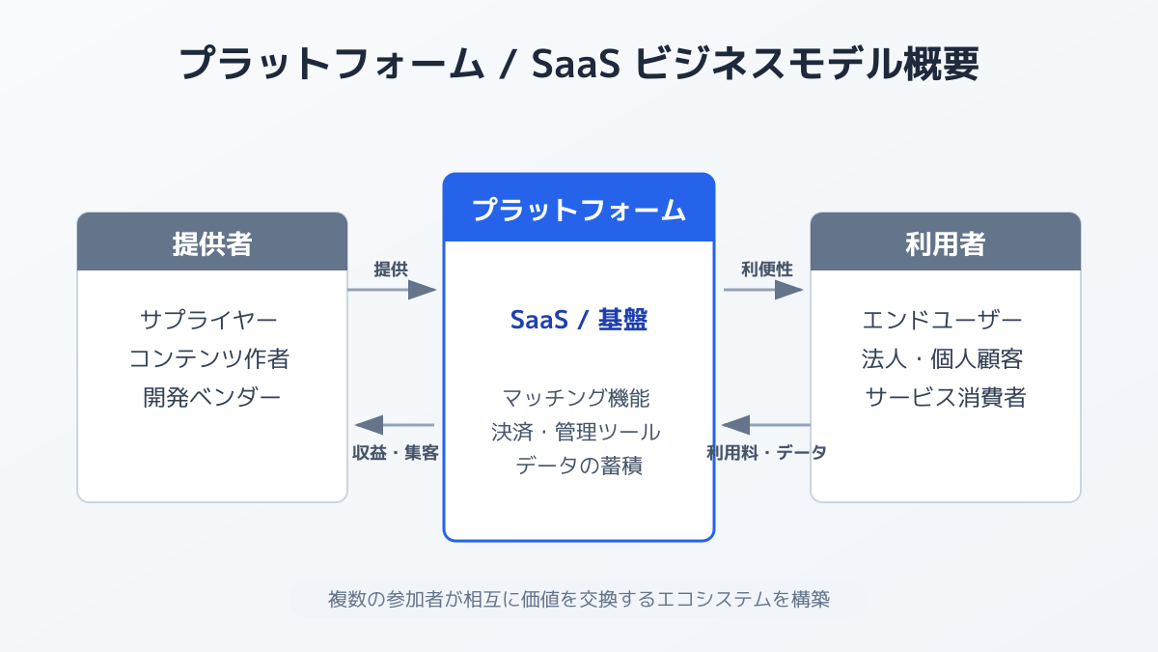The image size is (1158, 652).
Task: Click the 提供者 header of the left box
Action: click(211, 242)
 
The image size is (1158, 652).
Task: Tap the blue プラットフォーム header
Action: click(579, 209)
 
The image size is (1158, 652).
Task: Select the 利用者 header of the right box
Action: click(945, 242)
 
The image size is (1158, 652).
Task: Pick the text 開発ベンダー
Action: click(211, 397)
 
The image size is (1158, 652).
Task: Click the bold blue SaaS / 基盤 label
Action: click(578, 321)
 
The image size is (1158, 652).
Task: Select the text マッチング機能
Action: click(578, 397)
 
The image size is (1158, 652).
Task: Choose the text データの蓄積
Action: click(578, 465)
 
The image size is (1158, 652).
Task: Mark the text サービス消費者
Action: click(945, 397)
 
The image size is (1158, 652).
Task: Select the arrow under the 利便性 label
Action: click(763, 290)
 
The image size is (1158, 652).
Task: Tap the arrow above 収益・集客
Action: click(395, 425)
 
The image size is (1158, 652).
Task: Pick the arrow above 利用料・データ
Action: click(765, 425)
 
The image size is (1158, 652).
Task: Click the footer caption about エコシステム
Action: click(579, 599)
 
